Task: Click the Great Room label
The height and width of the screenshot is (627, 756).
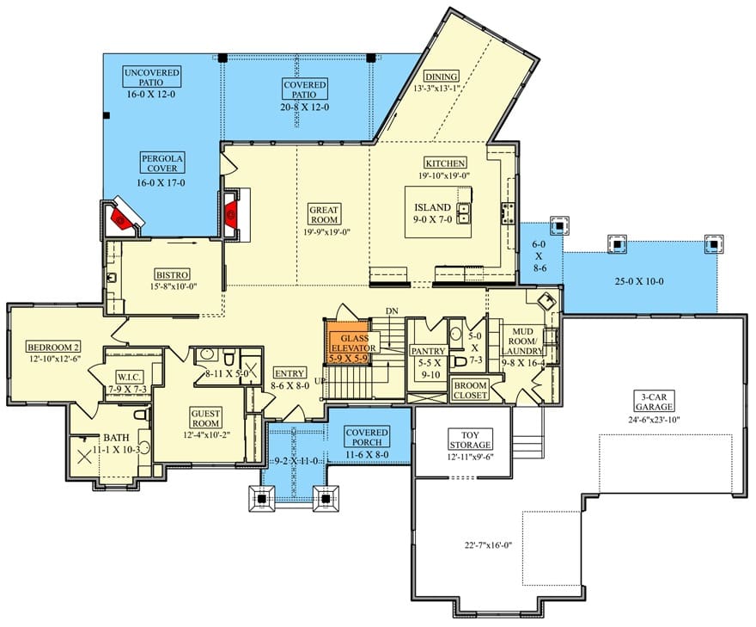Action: tap(324, 214)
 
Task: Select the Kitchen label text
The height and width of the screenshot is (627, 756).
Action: tap(444, 163)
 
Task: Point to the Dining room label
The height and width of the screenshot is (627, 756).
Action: tap(442, 77)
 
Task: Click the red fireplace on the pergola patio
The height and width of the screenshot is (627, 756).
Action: tap(121, 218)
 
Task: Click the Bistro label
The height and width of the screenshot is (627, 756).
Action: tap(172, 274)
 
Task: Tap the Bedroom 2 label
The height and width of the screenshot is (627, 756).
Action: tap(53, 347)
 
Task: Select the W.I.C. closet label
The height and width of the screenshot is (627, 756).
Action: tap(129, 377)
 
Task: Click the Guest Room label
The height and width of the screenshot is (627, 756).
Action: tap(206, 418)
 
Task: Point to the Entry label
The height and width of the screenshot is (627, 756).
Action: tap(290, 373)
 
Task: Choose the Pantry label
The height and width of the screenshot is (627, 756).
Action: tap(427, 351)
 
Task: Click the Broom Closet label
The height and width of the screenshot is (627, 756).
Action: tap(470, 390)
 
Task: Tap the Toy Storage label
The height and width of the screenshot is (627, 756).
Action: tap(470, 440)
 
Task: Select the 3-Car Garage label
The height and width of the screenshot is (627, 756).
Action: tap(654, 402)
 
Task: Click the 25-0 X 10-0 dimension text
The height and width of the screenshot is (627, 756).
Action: tap(639, 281)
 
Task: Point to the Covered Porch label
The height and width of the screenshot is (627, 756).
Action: tap(367, 437)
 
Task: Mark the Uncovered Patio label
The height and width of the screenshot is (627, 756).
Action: tap(151, 77)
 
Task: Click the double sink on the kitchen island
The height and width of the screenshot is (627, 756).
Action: tap(464, 214)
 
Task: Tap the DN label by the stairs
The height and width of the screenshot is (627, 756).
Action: tap(392, 310)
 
